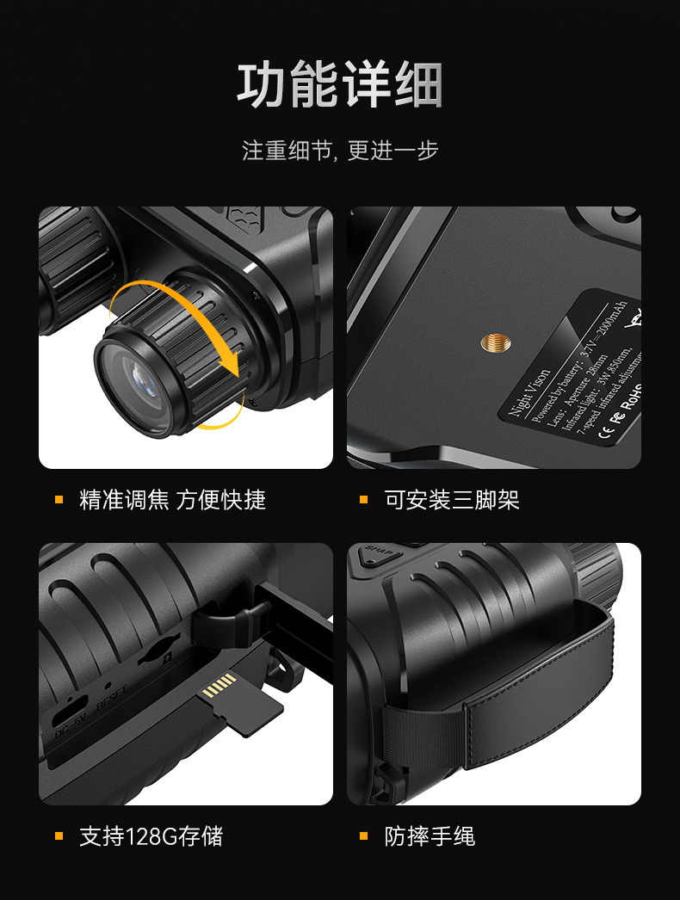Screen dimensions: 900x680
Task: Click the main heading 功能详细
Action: coord(340,85)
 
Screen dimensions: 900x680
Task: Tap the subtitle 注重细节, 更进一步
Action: coord(340,151)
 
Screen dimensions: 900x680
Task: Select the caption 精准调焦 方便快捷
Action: coord(172,500)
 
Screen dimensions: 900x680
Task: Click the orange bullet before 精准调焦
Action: coord(59,500)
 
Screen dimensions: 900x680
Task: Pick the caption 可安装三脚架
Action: coord(451,500)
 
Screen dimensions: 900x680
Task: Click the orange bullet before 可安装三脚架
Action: coord(363,500)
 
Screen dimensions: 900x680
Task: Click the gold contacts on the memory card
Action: coord(219,686)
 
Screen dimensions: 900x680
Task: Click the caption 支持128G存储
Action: coord(151,835)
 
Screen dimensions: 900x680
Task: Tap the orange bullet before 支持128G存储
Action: coord(59,835)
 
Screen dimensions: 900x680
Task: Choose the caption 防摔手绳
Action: coord(429,835)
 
